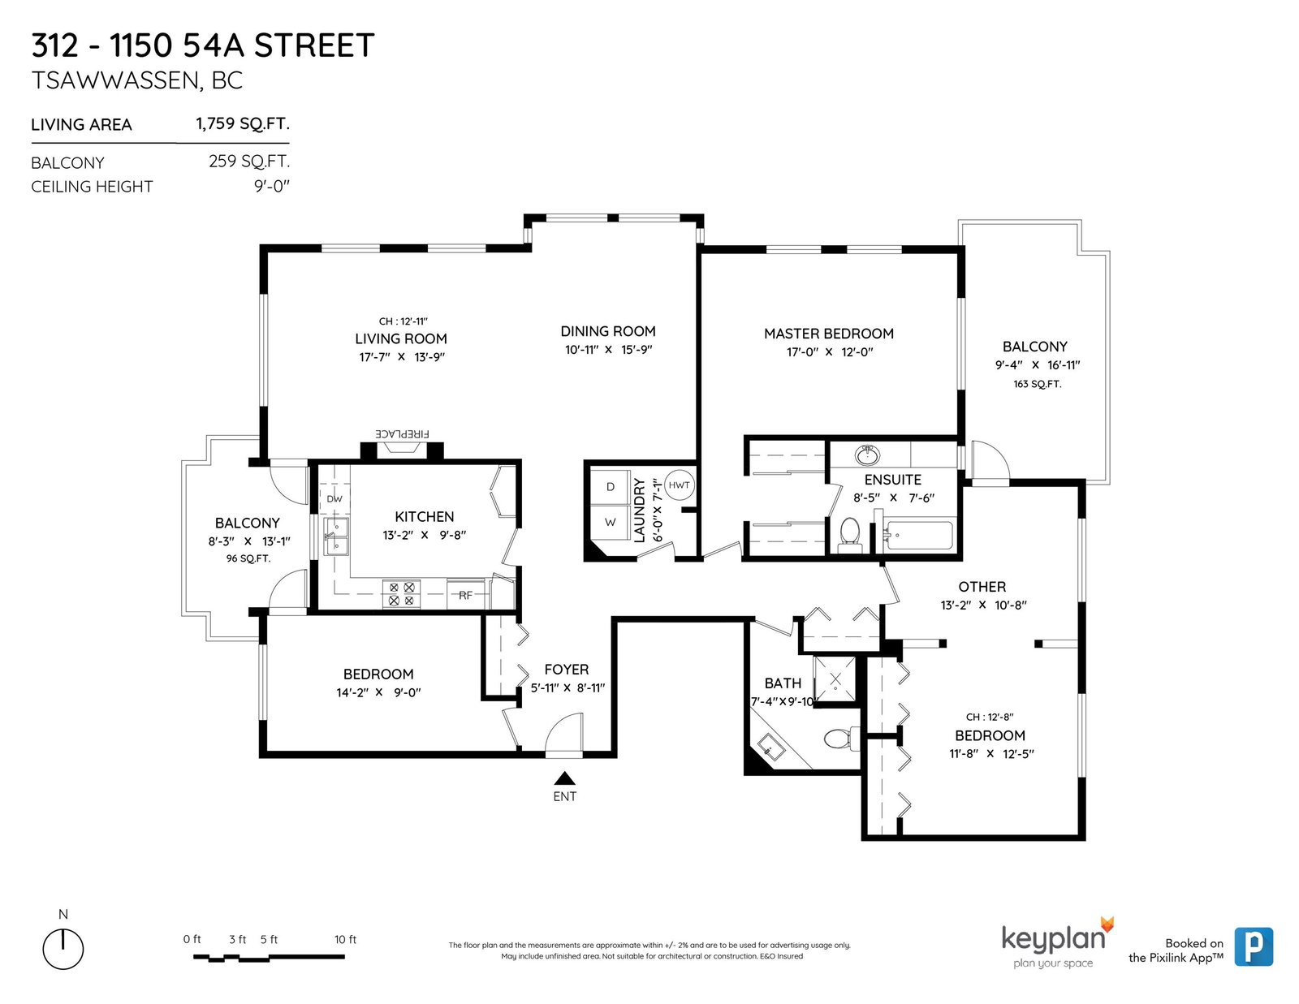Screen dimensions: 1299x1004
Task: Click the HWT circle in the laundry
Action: [x=679, y=485]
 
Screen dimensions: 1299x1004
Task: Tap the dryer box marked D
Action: [x=611, y=487]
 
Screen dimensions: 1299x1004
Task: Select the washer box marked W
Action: [x=611, y=523]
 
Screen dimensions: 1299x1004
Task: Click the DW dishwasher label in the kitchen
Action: [x=334, y=499]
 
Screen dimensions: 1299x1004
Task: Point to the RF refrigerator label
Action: [x=466, y=595]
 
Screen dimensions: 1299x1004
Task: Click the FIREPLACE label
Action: [x=402, y=434]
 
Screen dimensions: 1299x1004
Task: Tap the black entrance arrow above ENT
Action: [x=564, y=778]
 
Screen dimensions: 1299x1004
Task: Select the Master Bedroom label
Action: [x=829, y=334]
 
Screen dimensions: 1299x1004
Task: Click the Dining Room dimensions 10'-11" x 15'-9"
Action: [x=609, y=350]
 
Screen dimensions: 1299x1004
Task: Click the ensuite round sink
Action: [x=867, y=455]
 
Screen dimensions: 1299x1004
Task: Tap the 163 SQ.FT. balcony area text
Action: [x=1037, y=384]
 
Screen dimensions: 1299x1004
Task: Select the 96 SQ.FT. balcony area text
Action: [x=248, y=558]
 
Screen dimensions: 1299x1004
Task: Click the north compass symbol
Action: [x=63, y=949]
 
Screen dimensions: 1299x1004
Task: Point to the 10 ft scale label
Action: [x=345, y=939]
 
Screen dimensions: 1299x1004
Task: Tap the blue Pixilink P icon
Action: [x=1254, y=946]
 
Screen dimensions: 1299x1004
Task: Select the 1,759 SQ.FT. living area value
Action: [x=243, y=123]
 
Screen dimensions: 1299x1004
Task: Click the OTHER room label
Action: [x=982, y=587]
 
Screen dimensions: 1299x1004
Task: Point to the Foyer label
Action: [x=567, y=670]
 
